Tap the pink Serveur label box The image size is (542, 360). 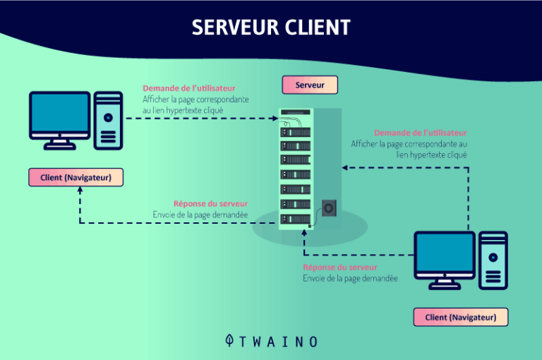click(310, 85)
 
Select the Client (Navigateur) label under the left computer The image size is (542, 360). click(76, 177)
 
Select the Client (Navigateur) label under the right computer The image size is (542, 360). click(460, 318)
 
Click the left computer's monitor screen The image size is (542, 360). click(60, 114)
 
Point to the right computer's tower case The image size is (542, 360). click(493, 259)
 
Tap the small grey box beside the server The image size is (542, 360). click(330, 208)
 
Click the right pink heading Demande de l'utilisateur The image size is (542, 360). click(420, 133)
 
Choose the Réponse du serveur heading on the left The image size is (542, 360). click(210, 204)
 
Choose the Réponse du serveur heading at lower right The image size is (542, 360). click(340, 268)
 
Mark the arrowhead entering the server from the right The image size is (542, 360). click(344, 168)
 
